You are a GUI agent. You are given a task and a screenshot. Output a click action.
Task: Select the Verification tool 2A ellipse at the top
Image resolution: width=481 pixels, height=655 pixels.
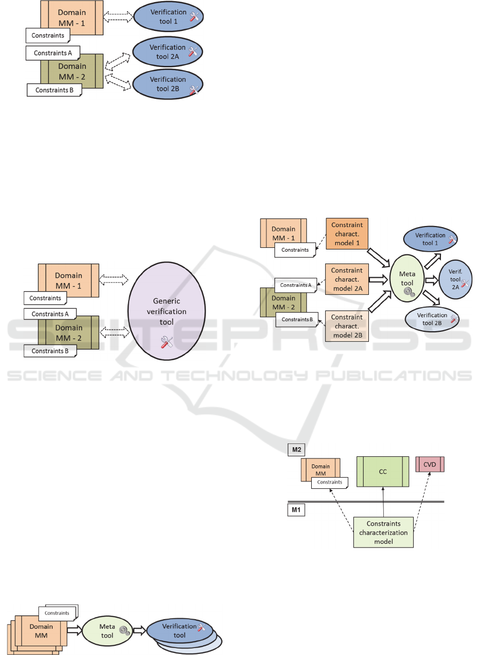(167, 51)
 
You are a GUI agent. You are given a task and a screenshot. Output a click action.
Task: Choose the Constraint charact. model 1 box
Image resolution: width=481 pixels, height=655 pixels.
(346, 233)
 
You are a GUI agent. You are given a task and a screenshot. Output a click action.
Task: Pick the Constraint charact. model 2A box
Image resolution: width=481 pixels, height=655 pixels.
(346, 279)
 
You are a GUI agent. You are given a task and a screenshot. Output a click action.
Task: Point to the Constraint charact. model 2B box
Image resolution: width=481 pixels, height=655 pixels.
(346, 325)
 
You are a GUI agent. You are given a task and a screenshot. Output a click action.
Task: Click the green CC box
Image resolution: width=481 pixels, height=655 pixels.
(383, 472)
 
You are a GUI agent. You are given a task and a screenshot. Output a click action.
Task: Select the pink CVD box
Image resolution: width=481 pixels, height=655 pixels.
(430, 464)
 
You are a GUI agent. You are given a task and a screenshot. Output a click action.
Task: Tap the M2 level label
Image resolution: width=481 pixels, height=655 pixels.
(296, 450)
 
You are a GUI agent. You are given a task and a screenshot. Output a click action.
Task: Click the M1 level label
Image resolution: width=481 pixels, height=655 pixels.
(296, 510)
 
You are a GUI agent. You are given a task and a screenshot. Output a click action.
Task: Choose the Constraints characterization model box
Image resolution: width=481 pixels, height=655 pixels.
(383, 532)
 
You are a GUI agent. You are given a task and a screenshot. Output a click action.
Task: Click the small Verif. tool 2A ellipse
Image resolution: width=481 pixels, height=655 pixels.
(454, 279)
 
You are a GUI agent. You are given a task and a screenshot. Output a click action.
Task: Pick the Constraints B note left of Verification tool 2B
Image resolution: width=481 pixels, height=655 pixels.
(54, 90)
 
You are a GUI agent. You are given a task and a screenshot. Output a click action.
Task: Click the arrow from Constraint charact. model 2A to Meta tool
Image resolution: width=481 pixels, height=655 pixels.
(378, 279)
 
